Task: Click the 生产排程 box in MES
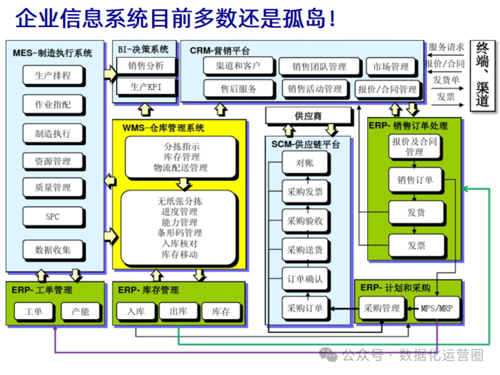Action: click(x=53, y=75)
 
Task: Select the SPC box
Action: click(x=53, y=217)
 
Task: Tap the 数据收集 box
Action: click(x=53, y=250)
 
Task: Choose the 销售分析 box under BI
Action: click(x=146, y=66)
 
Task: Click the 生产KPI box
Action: click(x=146, y=87)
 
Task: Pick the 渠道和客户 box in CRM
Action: click(x=238, y=66)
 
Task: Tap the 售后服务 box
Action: click(x=238, y=88)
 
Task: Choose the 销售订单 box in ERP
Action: click(x=415, y=180)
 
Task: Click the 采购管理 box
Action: click(x=381, y=308)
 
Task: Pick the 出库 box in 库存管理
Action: click(x=178, y=311)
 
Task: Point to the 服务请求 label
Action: click(x=446, y=47)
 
